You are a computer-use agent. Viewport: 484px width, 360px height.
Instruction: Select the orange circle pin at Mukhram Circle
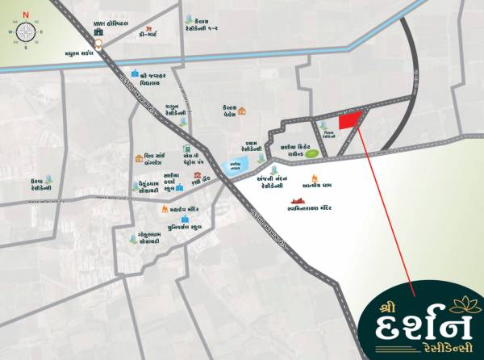click(98, 45)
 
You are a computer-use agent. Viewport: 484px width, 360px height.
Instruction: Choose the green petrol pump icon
click(187, 149)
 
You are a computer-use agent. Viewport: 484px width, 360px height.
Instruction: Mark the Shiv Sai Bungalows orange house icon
click(140, 160)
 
